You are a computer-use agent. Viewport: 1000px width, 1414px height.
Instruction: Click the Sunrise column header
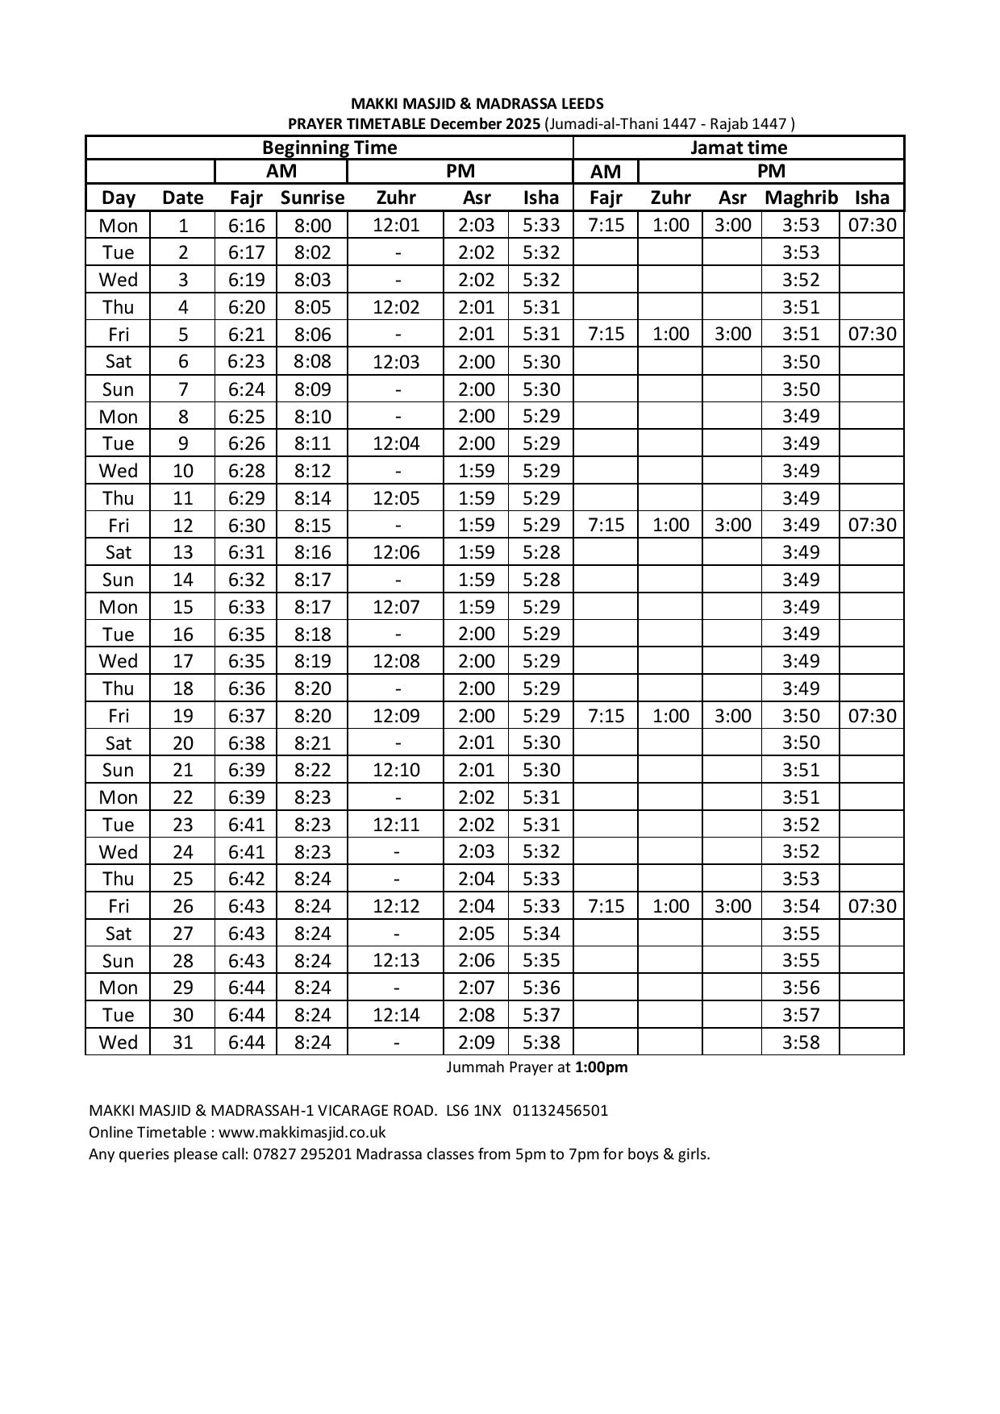coord(312,198)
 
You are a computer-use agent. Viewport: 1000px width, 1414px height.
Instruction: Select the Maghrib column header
coord(801,198)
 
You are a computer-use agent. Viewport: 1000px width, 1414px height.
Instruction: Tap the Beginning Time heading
coord(329,148)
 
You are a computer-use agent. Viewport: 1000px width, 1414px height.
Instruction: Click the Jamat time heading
coord(739,148)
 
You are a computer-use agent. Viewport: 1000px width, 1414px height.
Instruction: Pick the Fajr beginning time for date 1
coord(246,226)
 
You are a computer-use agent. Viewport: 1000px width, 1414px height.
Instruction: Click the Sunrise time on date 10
coord(312,471)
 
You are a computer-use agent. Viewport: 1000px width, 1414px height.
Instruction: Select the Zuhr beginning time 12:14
coord(396,1015)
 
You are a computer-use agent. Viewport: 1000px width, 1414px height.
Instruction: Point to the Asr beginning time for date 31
coord(476,1042)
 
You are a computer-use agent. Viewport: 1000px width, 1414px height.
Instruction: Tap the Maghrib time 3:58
coord(801,1042)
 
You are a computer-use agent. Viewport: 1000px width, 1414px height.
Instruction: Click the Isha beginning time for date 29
coord(540,988)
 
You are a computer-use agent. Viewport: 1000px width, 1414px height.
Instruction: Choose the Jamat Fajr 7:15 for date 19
coord(606,716)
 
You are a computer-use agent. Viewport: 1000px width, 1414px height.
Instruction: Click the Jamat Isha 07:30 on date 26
coord(872,906)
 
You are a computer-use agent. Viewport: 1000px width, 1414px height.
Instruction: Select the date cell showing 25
coord(183,879)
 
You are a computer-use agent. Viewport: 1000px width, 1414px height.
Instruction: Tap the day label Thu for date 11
coord(118,498)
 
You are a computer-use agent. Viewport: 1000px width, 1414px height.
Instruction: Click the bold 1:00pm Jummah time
coord(601,1067)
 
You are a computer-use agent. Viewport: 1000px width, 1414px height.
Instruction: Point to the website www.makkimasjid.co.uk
coord(302,1133)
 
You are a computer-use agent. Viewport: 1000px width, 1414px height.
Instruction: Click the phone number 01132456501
coord(560,1111)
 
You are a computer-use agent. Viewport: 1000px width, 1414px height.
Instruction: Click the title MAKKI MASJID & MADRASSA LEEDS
coord(477,104)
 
